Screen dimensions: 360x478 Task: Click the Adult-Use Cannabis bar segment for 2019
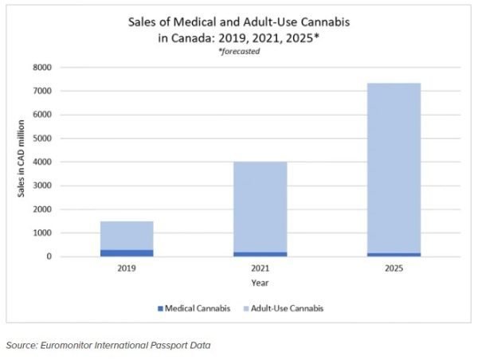point(126,235)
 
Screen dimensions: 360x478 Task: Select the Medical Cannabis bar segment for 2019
point(126,252)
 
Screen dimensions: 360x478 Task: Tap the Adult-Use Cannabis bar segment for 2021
point(260,207)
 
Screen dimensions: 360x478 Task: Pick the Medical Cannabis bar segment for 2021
point(260,254)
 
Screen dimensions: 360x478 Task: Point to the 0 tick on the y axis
point(48,256)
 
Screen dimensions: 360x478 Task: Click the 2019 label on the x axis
point(126,268)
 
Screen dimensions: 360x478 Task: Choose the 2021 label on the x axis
point(260,268)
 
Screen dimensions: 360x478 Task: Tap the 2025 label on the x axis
point(394,268)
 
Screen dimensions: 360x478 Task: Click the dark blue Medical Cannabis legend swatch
point(160,307)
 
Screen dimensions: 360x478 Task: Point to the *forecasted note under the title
point(239,51)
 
